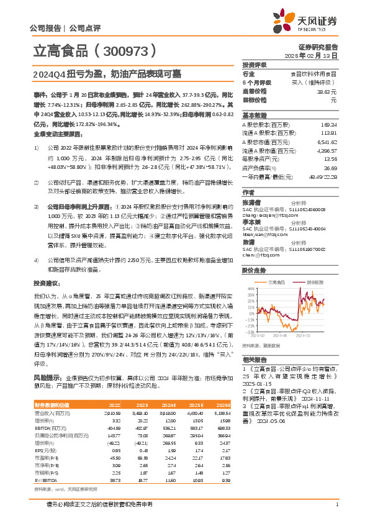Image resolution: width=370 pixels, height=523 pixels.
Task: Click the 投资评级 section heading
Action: click(x=255, y=65)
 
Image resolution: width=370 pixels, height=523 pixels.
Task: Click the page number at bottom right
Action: click(x=336, y=512)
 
